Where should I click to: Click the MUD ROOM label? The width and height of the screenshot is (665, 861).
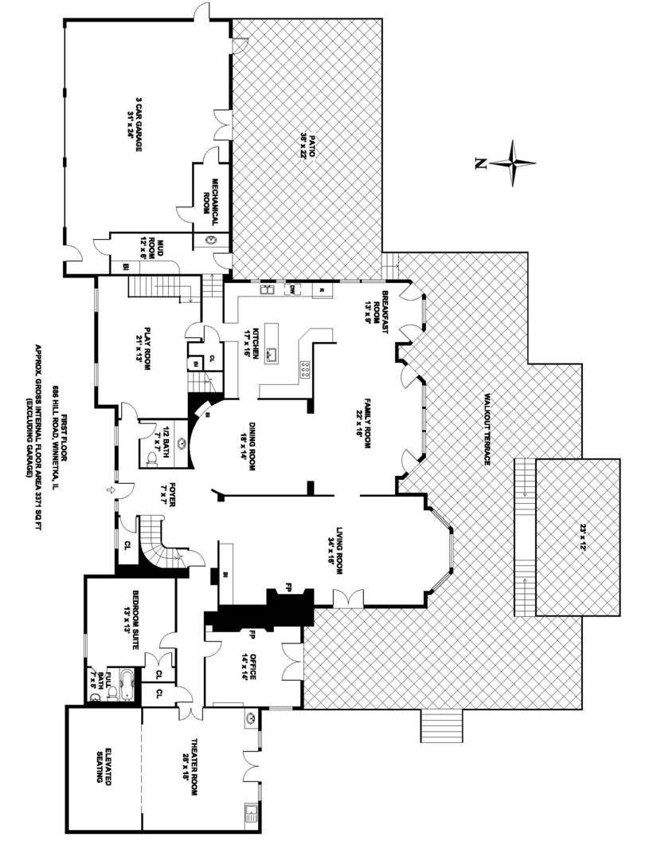(152, 248)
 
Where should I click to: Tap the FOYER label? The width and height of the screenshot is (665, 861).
(166, 493)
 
